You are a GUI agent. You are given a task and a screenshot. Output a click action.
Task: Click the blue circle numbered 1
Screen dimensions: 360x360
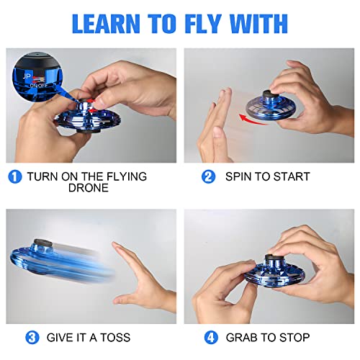(15, 176)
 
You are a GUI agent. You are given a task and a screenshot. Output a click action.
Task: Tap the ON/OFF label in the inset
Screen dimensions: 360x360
(35, 84)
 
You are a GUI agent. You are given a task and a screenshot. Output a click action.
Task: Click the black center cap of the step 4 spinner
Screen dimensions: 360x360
(274, 261)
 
